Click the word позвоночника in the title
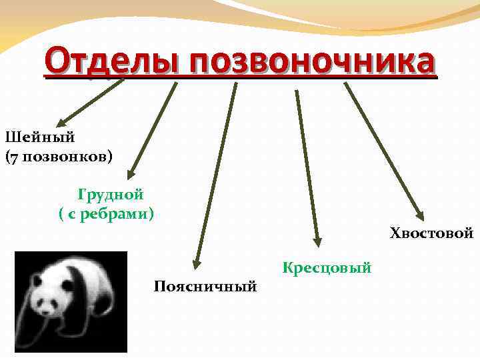click(312, 63)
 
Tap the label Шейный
click(40, 137)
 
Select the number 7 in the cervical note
click(13, 157)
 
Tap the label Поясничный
click(205, 286)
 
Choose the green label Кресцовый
click(327, 268)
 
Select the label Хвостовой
click(431, 233)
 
